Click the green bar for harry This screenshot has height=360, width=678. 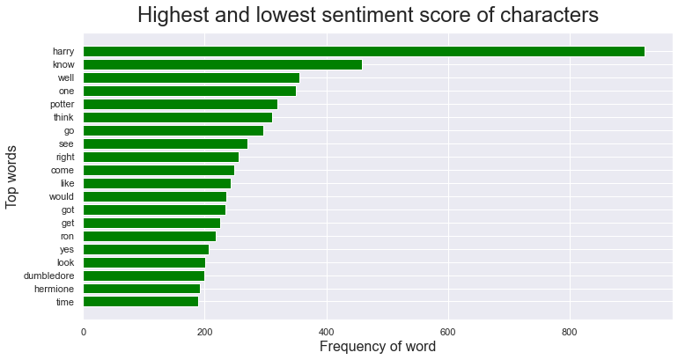pos(363,51)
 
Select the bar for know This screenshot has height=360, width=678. pos(222,64)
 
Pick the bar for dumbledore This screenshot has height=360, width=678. pos(144,276)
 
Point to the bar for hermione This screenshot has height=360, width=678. pos(141,289)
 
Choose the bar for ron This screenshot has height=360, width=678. pos(149,236)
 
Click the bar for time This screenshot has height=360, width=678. pos(140,302)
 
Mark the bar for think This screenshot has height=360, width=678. pos(177,117)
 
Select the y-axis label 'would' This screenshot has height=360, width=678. pos(62,196)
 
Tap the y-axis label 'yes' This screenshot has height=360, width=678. pos(66,249)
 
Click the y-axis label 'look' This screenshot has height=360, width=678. pos(65,262)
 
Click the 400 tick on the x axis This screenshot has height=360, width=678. pos(327,332)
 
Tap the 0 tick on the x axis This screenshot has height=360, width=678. pos(83,332)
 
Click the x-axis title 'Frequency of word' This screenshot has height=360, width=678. pos(377,347)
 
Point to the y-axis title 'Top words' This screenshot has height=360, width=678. pos(12,177)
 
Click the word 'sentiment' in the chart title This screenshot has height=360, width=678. pos(384,17)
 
